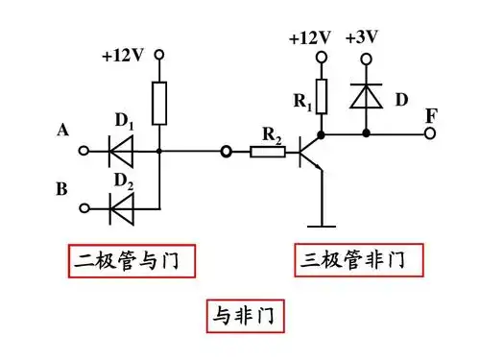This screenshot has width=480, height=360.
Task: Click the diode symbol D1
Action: [x=122, y=151]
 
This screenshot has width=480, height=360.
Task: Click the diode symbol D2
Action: [x=122, y=206]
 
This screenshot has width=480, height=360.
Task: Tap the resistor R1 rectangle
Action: [x=321, y=95]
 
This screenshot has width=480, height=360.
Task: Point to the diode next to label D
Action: [x=366, y=95]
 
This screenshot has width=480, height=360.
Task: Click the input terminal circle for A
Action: [x=84, y=151]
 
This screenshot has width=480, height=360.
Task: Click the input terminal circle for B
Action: [x=84, y=206]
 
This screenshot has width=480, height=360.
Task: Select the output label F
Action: [x=432, y=116]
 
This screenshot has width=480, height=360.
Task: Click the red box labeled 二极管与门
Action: [x=125, y=259]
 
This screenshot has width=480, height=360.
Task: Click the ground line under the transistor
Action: [x=321, y=227]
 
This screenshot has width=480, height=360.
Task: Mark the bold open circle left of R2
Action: [x=226, y=151]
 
